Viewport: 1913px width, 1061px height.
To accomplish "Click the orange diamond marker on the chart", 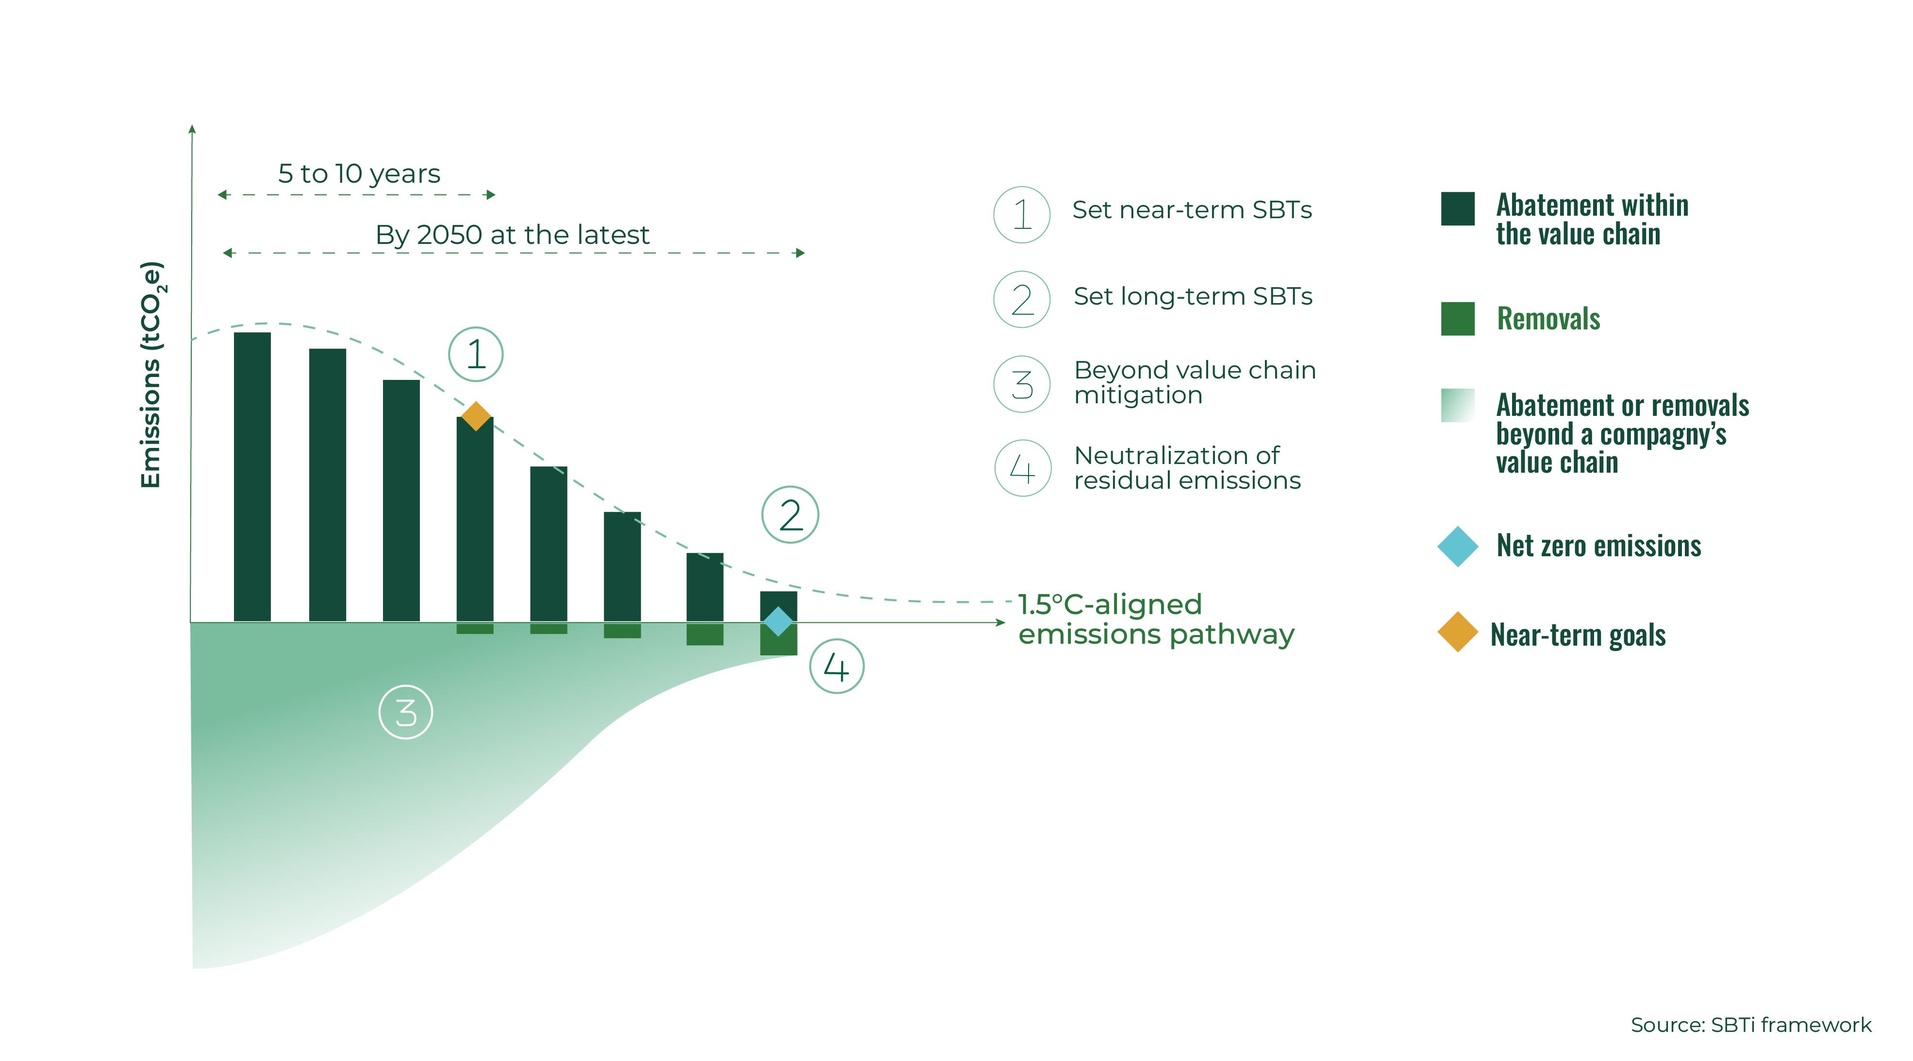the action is tap(476, 416).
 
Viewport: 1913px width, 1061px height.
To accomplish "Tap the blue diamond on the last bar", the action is tap(778, 621).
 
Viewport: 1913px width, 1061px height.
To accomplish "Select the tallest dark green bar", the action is tap(252, 477).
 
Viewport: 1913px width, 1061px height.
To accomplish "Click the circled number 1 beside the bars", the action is tap(476, 355).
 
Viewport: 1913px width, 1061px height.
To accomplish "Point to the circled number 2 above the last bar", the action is tap(790, 515).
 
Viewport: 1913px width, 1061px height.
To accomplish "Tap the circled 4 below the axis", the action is tap(836, 667).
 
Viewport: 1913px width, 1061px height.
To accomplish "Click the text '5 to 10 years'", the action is tap(359, 174).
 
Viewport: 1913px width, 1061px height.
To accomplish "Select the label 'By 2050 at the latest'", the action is tap(513, 235).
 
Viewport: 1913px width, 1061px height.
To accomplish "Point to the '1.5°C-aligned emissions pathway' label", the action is tap(1156, 619).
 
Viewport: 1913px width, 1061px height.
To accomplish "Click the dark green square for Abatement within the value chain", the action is tap(1458, 209).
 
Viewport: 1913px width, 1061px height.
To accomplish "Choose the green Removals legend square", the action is tap(1458, 319).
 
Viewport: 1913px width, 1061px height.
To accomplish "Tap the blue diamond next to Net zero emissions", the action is tap(1458, 546).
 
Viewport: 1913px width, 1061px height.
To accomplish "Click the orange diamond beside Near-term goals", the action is tap(1458, 633).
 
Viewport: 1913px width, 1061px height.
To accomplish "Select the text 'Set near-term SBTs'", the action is tap(1192, 210).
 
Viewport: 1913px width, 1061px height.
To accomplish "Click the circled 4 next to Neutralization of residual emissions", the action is tap(1023, 468).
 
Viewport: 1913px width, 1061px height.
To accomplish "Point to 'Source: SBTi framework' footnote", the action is tap(1750, 1026).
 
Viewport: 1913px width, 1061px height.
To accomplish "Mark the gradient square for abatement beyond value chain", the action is tap(1458, 406).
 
